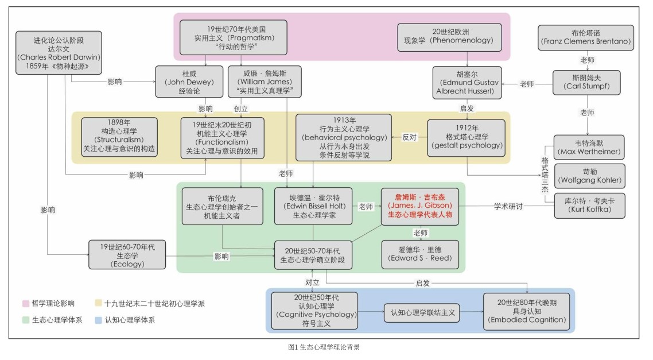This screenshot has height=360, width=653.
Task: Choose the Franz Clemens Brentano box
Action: click(x=585, y=37)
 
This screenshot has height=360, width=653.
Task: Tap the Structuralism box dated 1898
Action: click(x=119, y=138)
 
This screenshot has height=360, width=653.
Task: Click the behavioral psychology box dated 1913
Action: click(x=344, y=138)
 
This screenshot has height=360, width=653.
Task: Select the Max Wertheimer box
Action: click(x=588, y=147)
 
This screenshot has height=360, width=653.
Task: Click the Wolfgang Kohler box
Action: click(x=588, y=176)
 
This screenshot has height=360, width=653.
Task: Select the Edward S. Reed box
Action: click(x=420, y=254)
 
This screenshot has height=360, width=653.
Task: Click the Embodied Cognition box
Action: click(x=526, y=311)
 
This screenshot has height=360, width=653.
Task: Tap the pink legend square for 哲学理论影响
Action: click(x=25, y=303)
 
